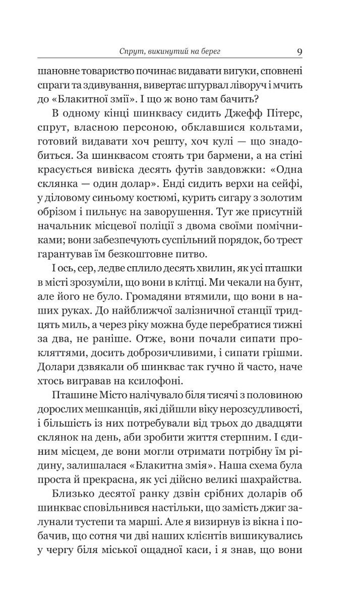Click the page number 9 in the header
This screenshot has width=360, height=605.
tap(299, 52)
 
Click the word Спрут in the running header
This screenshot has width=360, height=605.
tap(132, 52)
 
